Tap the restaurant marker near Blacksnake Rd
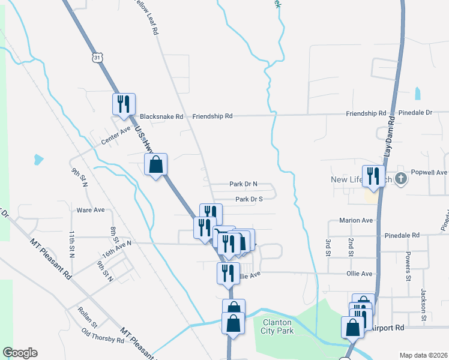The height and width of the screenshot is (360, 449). coord(124,104)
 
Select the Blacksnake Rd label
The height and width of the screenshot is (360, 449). coord(161,117)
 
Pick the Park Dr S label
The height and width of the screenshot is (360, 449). coord(249,199)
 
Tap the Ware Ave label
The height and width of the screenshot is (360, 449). coord(91,211)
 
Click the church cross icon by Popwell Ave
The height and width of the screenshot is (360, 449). coord(400,179)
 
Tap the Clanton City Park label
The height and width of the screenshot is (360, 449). coord(277,326)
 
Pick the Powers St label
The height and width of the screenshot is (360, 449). coord(407,267)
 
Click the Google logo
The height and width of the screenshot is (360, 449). coord(20,353)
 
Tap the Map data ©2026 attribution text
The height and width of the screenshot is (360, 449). coord(423,355)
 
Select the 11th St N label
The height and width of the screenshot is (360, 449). coord(71,244)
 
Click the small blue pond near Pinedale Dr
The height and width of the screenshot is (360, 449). coord(417,93)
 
